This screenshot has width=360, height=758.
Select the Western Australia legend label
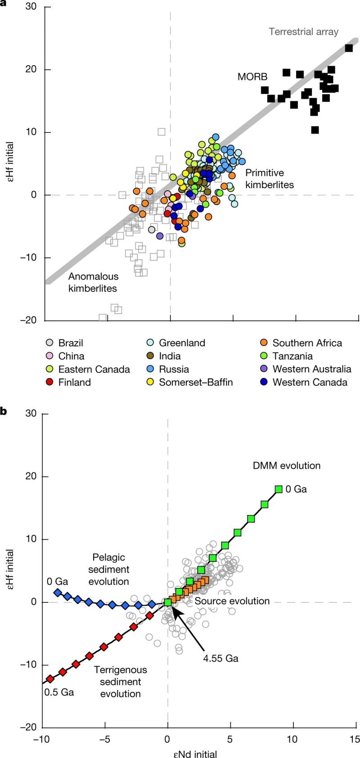[x=312, y=369]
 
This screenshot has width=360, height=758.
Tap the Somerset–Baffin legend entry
[x=196, y=382]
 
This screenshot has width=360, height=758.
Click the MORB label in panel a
[x=252, y=77]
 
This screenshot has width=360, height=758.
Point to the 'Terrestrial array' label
[x=303, y=32]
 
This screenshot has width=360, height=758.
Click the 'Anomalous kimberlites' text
[x=93, y=283]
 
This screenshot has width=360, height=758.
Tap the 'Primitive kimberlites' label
[x=269, y=179]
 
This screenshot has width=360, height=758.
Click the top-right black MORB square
[x=349, y=48]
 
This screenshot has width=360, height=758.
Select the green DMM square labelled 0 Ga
[x=279, y=489]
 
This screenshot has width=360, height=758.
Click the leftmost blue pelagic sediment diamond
[x=57, y=593]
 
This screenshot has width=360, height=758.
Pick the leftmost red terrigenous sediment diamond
[x=50, y=679]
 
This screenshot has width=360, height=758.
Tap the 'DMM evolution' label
[x=287, y=466]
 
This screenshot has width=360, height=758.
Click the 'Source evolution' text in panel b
[x=232, y=601]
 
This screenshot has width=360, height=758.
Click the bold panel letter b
[x=3, y=411]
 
